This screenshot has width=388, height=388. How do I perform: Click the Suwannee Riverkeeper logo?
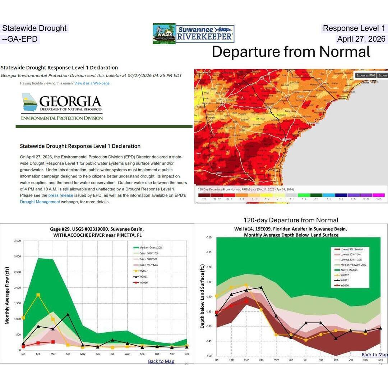tap(205, 34)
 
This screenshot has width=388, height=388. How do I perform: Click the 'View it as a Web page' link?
tap(92, 83)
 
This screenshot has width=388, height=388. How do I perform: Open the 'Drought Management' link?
tap(40, 202)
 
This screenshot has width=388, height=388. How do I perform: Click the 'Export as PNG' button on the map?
tap(365, 75)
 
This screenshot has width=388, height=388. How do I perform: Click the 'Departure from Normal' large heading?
tap(291, 52)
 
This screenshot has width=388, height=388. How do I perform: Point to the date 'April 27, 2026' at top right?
tap(361, 39)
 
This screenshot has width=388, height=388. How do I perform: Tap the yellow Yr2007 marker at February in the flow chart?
tap(38, 295)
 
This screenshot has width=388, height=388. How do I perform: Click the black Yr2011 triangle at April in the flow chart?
tap(68, 315)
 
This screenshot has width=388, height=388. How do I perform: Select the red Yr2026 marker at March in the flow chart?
tap(53, 342)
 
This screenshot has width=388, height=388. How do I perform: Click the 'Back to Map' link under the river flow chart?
tap(161, 361)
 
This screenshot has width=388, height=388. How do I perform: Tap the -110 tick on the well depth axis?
tap(209, 237)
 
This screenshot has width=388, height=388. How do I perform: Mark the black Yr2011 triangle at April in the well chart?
tap(261, 287)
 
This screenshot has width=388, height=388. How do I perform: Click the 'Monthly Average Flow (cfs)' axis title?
tap(7, 296)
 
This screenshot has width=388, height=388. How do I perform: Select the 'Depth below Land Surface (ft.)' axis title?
tap(202, 296)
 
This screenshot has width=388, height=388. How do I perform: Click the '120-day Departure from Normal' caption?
tap(291, 220)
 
